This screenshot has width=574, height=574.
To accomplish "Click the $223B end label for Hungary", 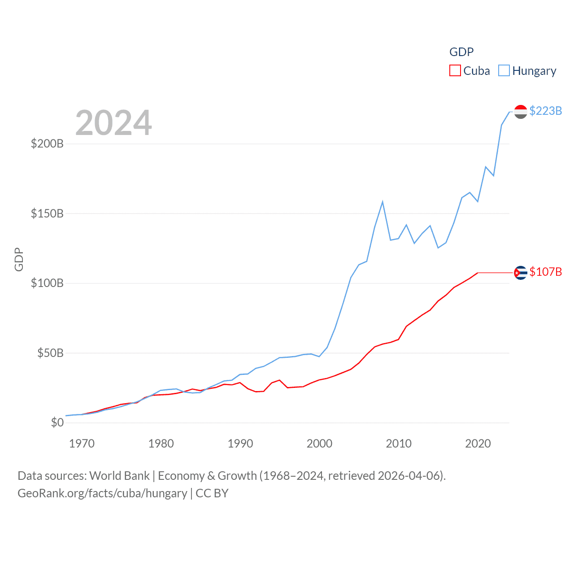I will pyautogui.click(x=545, y=111).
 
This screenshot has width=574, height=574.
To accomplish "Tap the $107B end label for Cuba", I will pyautogui.click(x=545, y=272).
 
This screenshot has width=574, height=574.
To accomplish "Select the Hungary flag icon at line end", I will pyautogui.click(x=521, y=112).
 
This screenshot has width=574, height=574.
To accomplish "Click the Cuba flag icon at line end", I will pyautogui.click(x=521, y=272).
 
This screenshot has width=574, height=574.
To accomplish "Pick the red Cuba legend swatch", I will pyautogui.click(x=455, y=71).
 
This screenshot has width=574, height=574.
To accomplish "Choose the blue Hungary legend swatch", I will pyautogui.click(x=504, y=71).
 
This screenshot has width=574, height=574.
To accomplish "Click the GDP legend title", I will pyautogui.click(x=461, y=52).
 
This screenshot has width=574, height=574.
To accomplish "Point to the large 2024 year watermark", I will pyautogui.click(x=113, y=122).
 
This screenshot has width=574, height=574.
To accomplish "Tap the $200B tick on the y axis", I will pyautogui.click(x=47, y=143).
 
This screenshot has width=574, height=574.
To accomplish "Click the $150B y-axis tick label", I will pyautogui.click(x=47, y=213).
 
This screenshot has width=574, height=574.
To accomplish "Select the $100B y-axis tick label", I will pyautogui.click(x=47, y=283).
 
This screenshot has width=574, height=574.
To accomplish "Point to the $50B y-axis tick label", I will pyautogui.click(x=50, y=353).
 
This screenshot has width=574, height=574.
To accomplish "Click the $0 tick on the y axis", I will pyautogui.click(x=57, y=422).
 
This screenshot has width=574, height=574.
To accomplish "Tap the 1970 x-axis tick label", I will pyautogui.click(x=82, y=444).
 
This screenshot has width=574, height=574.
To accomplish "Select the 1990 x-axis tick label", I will pyautogui.click(x=240, y=444).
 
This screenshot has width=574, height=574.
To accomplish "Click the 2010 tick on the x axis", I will pyautogui.click(x=399, y=444).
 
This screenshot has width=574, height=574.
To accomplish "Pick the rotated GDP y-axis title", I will pyautogui.click(x=19, y=259).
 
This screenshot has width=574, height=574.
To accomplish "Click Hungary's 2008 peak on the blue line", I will pyautogui.click(x=383, y=202).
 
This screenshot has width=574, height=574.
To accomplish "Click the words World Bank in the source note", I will pyautogui.click(x=119, y=475).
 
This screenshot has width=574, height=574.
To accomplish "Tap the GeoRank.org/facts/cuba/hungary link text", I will pyautogui.click(x=102, y=493).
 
